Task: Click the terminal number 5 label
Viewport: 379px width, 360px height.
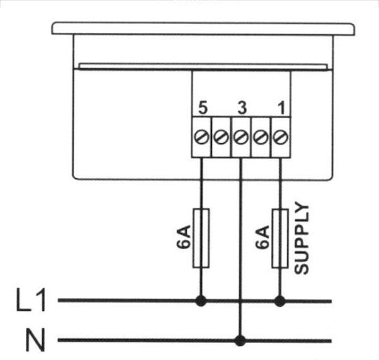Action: click(203, 107)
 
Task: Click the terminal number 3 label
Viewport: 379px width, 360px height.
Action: click(242, 107)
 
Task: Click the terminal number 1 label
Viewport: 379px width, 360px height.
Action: click(281, 107)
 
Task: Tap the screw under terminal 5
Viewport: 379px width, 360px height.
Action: click(201, 138)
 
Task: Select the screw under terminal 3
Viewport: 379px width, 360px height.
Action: click(241, 138)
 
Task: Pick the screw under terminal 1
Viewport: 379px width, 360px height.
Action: click(280, 138)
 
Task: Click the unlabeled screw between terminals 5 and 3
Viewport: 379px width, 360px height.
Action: click(221, 138)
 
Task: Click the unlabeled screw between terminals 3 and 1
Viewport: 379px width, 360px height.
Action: click(260, 138)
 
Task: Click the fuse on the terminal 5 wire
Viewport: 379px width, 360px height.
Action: click(201, 238)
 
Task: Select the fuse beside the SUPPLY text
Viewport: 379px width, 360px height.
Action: click(280, 239)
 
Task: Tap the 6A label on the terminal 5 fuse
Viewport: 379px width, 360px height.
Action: click(183, 236)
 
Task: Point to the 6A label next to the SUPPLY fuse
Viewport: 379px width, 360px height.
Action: click(262, 236)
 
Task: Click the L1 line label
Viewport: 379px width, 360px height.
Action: click(31, 300)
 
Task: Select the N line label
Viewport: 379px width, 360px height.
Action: click(35, 340)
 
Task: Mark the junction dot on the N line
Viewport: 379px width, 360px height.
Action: click(240, 340)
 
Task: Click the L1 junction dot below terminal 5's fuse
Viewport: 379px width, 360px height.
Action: click(201, 301)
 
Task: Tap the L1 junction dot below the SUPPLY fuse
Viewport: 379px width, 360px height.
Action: click(280, 301)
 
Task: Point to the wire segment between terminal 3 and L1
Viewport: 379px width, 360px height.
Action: click(240, 229)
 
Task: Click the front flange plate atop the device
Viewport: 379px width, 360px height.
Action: click(203, 29)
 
